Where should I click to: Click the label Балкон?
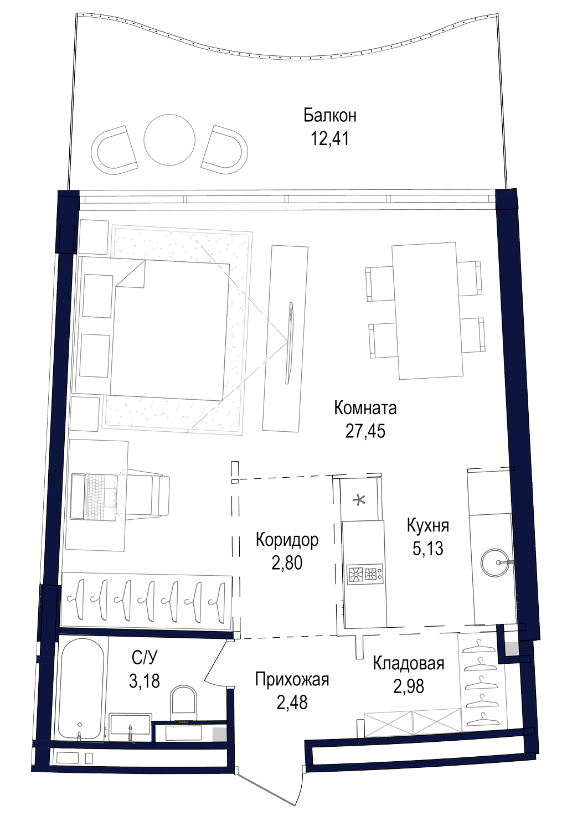point(330,116)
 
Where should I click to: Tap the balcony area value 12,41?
point(330,139)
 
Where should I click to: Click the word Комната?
point(365,409)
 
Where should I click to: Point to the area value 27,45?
point(365,431)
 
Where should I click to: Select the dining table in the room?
point(427,311)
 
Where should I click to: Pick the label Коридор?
point(287,540)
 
